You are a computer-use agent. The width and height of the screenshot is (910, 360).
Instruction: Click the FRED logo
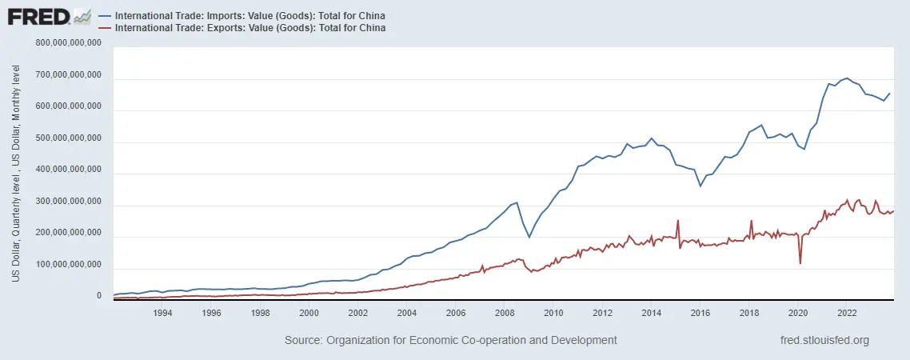coord(49,18)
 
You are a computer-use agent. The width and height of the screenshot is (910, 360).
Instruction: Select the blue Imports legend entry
coord(242,15)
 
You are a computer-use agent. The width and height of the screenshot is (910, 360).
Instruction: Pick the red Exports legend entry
coord(242,27)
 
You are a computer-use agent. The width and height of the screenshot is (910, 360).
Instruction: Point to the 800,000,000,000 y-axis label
coord(69,43)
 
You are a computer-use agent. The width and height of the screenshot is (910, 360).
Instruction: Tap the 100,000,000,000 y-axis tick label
coord(69,265)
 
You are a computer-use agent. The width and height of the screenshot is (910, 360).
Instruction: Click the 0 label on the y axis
coord(98,296)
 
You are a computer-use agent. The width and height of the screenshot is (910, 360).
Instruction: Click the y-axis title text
coord(16,174)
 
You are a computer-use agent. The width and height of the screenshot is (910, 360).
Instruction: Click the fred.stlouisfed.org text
coord(825,340)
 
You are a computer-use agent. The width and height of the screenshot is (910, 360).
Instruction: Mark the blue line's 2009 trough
coord(529,237)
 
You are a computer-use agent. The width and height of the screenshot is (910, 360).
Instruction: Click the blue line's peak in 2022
coord(846,78)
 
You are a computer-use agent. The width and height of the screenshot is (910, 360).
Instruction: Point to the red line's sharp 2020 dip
coord(800,264)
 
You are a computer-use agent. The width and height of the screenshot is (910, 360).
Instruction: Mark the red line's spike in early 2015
coord(678,220)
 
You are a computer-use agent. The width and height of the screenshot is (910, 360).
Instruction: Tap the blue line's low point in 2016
coord(700,186)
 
